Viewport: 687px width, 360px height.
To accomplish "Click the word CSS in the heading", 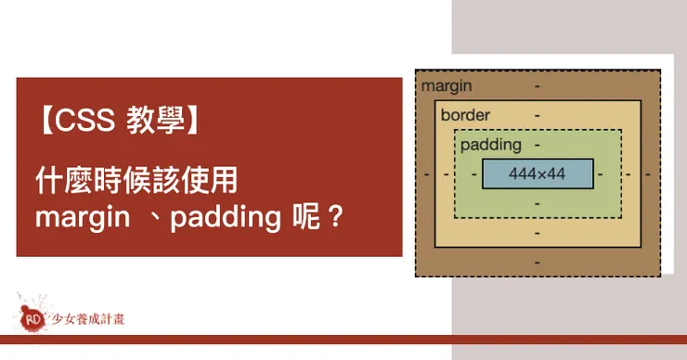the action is pyautogui.click(x=84, y=120).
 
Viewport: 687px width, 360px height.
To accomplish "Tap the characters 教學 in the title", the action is pyautogui.click(x=156, y=120).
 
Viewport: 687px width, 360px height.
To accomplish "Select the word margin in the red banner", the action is pyautogui.click(x=83, y=218).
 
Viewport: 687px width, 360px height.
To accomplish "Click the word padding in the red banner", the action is pyautogui.click(x=226, y=218).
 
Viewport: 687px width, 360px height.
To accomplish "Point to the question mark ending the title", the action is pyautogui.click(x=336, y=217).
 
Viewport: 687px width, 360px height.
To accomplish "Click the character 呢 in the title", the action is pyautogui.click(x=306, y=216).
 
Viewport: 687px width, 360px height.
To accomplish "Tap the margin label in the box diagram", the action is pyautogui.click(x=447, y=86).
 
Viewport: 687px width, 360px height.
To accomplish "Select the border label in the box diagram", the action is pyautogui.click(x=465, y=115).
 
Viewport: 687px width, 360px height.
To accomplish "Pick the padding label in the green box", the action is pyautogui.click(x=491, y=145).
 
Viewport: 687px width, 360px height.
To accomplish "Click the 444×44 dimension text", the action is pyautogui.click(x=538, y=174).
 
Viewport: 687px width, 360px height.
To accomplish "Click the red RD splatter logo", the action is pyautogui.click(x=32, y=318).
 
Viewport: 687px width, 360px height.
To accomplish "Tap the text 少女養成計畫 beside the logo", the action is pyautogui.click(x=88, y=319).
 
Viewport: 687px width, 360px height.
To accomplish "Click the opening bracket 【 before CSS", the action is pyautogui.click(x=45, y=120).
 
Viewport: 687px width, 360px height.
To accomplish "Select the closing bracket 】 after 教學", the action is pyautogui.click(x=193, y=120).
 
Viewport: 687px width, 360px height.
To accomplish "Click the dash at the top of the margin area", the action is pyautogui.click(x=538, y=86).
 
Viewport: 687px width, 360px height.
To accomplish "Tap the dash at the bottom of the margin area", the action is pyautogui.click(x=538, y=263).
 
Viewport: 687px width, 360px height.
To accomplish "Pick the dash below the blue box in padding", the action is pyautogui.click(x=538, y=203).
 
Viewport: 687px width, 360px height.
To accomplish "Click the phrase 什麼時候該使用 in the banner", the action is pyautogui.click(x=136, y=180).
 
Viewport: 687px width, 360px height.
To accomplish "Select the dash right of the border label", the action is pyautogui.click(x=538, y=116).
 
